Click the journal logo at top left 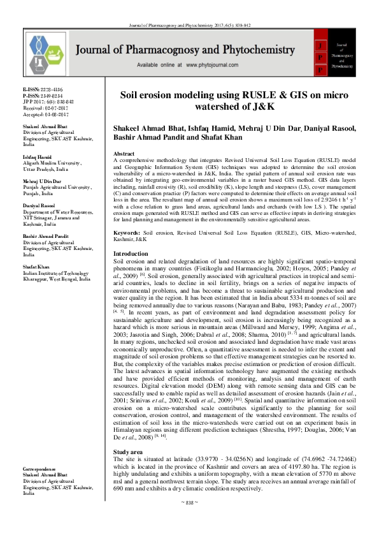[50, 52]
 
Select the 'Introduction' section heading [129, 290]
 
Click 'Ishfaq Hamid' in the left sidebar [38, 154]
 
